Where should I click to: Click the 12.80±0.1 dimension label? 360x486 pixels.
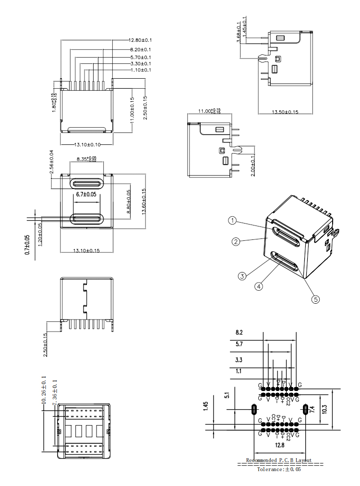click(140, 40)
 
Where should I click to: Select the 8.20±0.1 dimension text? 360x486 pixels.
click(140, 49)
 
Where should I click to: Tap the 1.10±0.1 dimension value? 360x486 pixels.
click(140, 70)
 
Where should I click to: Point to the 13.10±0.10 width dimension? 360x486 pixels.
click(86, 144)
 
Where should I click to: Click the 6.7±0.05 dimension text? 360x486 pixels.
click(86, 194)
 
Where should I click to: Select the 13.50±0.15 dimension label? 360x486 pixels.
click(285, 112)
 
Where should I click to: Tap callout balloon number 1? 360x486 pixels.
click(232, 221)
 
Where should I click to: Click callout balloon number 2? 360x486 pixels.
click(236, 241)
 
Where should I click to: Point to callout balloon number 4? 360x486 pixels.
click(259, 286)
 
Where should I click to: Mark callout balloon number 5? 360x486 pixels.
click(315, 299)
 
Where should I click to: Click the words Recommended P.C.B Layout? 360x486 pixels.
click(279, 460)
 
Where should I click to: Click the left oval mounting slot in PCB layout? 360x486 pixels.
click(254, 410)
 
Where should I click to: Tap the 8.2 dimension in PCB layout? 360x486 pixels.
click(239, 332)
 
